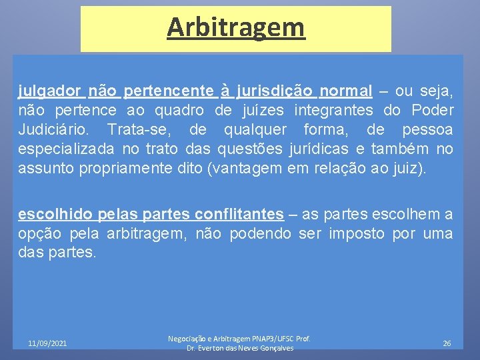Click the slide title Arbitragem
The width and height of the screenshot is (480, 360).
point(235,27)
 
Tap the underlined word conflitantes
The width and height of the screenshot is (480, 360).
point(239,214)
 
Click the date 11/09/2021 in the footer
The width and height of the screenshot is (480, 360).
point(47,343)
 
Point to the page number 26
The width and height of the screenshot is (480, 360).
point(447,343)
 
